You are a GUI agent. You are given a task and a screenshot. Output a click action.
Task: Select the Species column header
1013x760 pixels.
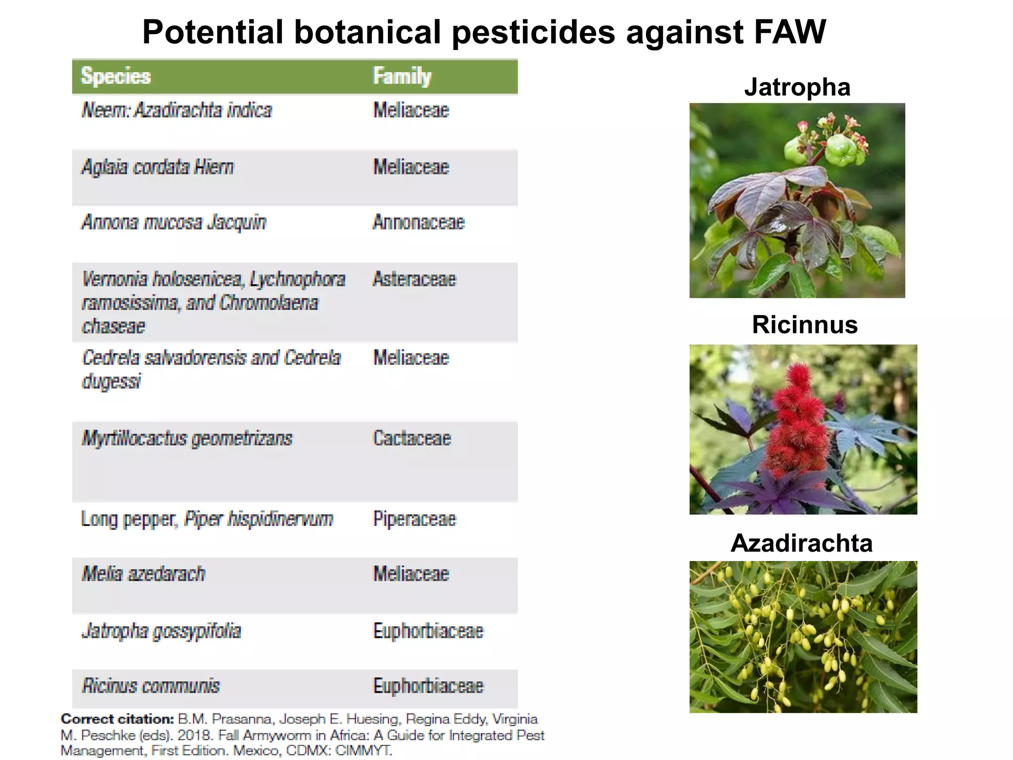pyautogui.click(x=116, y=76)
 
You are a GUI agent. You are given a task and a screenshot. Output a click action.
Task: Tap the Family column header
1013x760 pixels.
pyautogui.click(x=402, y=76)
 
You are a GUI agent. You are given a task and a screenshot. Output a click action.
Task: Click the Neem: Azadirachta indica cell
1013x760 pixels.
pyautogui.click(x=177, y=110)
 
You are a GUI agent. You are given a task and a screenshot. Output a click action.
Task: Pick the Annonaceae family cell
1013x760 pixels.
pyautogui.click(x=418, y=223)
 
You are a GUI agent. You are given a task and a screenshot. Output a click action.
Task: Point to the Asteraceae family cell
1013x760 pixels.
pyautogui.click(x=414, y=279)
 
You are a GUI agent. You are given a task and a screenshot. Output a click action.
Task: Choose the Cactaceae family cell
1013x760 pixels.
pyautogui.click(x=412, y=438)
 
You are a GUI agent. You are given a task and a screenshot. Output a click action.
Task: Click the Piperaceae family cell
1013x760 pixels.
pyautogui.click(x=414, y=519)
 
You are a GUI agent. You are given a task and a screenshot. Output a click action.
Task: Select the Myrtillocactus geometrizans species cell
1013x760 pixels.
pyautogui.click(x=187, y=439)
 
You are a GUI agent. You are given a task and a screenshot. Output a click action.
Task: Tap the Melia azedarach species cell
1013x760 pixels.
pyautogui.click(x=143, y=574)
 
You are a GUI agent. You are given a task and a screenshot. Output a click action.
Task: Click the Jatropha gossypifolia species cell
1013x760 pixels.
pyautogui.click(x=161, y=631)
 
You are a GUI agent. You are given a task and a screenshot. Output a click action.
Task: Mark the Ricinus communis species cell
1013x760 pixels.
pyautogui.click(x=150, y=686)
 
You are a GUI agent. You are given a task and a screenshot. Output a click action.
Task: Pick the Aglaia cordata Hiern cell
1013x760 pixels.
pyautogui.click(x=157, y=167)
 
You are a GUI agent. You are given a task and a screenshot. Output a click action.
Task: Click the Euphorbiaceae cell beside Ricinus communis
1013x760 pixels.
pyautogui.click(x=428, y=686)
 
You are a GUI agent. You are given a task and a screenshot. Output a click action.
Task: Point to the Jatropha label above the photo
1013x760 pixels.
pyautogui.click(x=797, y=87)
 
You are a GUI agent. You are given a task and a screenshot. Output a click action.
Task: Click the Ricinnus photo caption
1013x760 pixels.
pyautogui.click(x=804, y=325)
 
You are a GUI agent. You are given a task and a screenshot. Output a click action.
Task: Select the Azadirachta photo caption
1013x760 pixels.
pyautogui.click(x=801, y=543)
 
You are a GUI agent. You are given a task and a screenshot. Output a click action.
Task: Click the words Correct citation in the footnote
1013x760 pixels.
pyautogui.click(x=117, y=719)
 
